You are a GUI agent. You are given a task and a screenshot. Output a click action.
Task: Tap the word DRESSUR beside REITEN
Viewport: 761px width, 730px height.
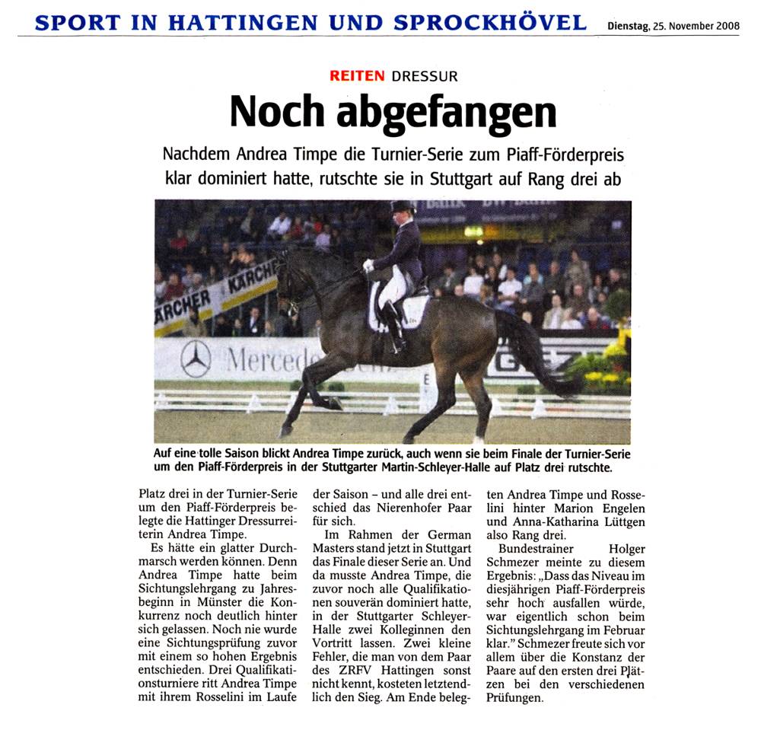click(425, 75)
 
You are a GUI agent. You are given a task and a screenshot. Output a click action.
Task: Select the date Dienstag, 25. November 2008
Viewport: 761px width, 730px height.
click(673, 26)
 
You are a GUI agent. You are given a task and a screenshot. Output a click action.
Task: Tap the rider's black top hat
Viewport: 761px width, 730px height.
click(400, 206)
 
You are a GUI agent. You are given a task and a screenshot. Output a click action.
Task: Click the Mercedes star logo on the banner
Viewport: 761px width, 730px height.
click(196, 359)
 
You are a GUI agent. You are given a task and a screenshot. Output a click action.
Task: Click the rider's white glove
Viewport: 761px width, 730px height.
click(369, 265)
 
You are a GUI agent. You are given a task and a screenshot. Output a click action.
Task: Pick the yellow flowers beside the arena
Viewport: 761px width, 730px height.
click(601, 365)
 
